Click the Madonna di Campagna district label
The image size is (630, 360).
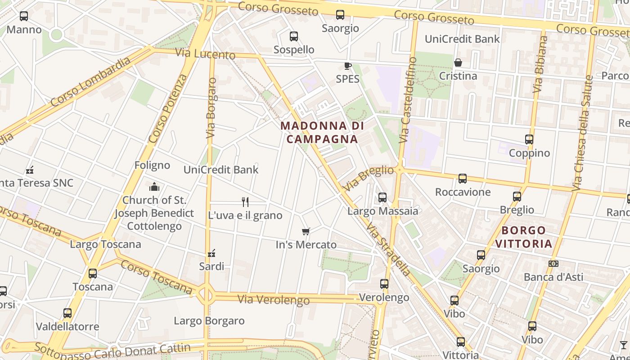[x=322, y=132]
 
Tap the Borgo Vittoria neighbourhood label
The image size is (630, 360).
[x=526, y=237]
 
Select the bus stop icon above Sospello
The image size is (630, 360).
[x=294, y=36]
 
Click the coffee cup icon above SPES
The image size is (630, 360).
[x=347, y=66]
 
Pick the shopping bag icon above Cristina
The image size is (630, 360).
[x=458, y=63]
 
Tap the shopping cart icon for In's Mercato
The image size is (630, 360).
[x=306, y=232]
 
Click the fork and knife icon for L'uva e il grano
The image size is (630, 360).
[x=245, y=202]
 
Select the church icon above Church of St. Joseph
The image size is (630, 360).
[x=154, y=187]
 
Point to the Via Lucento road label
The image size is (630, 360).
[x=205, y=54]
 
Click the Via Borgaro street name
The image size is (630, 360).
[x=211, y=108]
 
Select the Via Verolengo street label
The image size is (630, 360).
[x=274, y=299]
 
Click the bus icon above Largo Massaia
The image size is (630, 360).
[x=382, y=197]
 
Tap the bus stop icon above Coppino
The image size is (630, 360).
[x=529, y=139]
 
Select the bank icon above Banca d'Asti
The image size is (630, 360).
[x=553, y=264]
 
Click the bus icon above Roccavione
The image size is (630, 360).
[x=462, y=179]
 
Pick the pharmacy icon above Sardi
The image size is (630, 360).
[x=211, y=253]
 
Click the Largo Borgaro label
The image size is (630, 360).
[x=209, y=321]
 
